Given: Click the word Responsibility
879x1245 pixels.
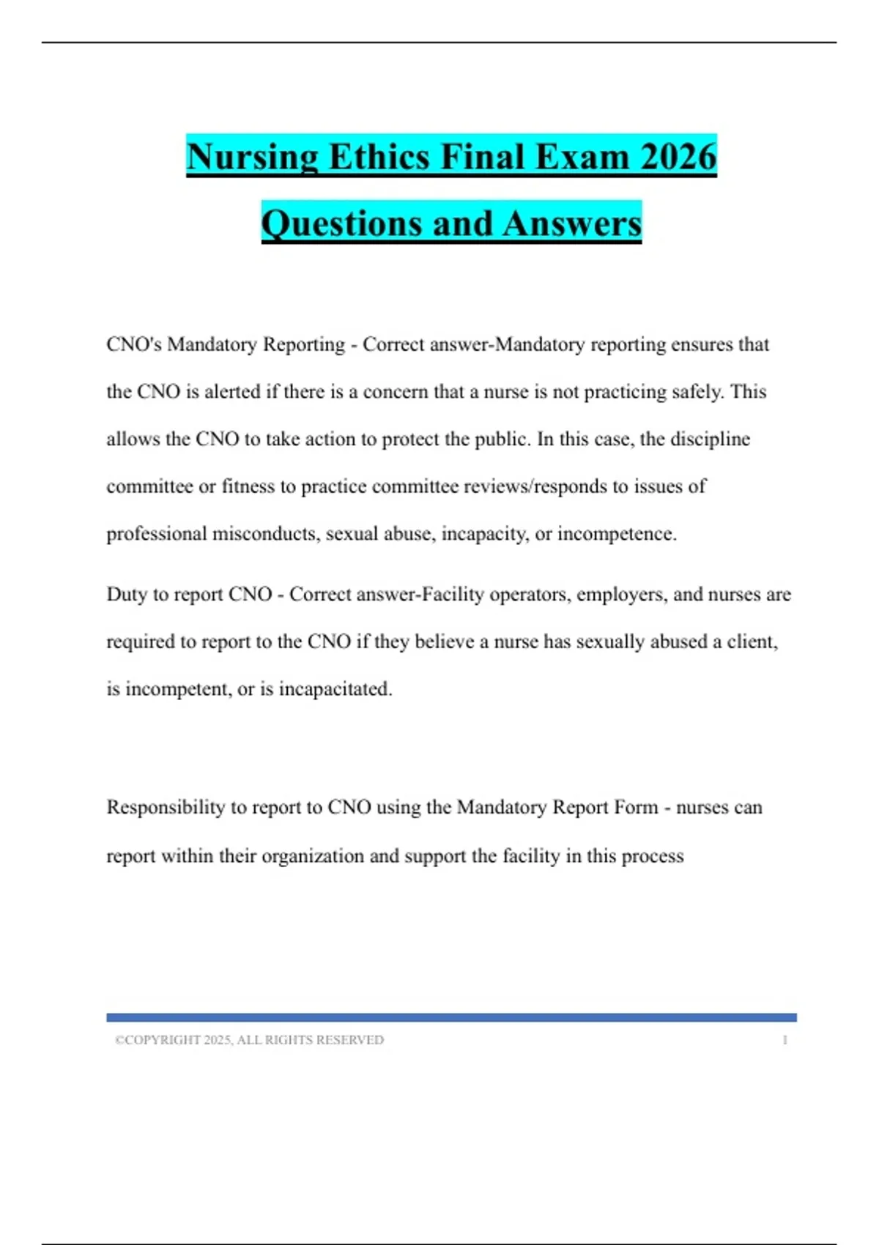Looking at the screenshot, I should click(166, 807).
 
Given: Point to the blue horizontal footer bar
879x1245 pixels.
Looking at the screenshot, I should click(451, 1017).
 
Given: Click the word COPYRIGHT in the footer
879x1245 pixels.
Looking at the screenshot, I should click(162, 1040).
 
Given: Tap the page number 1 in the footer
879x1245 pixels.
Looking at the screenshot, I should click(785, 1040).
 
